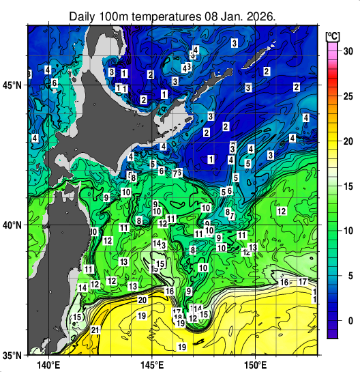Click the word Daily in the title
point(85,16)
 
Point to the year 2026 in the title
point(260,16)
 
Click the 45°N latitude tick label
point(12,85)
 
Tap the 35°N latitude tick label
point(12,355)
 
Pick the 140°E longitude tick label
point(50,364)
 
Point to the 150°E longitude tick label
point(255,364)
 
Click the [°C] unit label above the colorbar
point(333,35)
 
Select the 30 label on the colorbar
point(347,51)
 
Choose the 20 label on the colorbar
point(347,141)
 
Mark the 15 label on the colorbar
point(347,186)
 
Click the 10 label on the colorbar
point(347,231)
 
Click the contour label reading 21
point(95,330)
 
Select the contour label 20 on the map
point(142,300)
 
